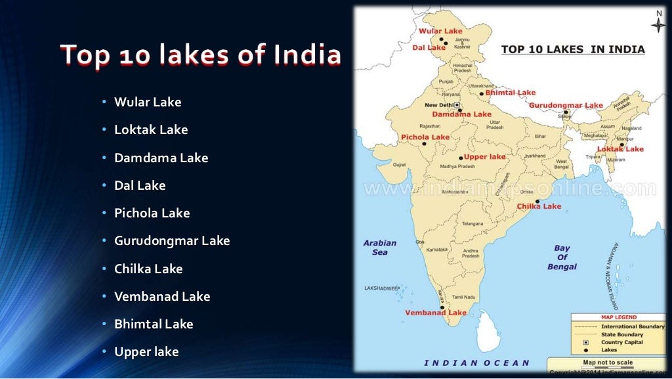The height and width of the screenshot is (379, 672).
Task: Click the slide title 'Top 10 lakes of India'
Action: [x=201, y=55]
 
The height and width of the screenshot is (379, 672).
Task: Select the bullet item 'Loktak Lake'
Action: [x=151, y=130]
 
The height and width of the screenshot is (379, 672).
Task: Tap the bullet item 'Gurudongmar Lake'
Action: [x=172, y=241]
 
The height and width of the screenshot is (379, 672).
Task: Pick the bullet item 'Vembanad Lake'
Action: [x=162, y=296]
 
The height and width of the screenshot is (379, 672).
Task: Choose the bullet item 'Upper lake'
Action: [x=146, y=352]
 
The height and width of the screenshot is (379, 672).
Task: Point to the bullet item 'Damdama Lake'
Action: [x=161, y=158]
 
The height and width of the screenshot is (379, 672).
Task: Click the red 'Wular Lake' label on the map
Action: [x=440, y=31]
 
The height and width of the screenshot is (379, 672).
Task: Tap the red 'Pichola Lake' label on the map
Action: [x=425, y=137]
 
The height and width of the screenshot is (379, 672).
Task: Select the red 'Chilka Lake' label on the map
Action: [x=539, y=206]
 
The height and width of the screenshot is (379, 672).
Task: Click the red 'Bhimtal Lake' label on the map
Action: [x=510, y=93]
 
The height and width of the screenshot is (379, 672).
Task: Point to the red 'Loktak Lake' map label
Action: [x=620, y=149]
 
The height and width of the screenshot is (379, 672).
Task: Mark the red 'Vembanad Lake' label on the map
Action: [x=436, y=313]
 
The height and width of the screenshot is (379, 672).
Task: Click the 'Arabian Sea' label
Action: [x=380, y=248]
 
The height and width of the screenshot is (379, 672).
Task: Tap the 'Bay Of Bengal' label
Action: [x=562, y=257]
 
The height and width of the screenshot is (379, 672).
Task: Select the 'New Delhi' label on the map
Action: [x=438, y=105]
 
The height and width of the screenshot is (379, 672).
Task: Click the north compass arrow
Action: [x=658, y=23]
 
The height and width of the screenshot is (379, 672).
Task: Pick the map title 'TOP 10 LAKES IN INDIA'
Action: [x=573, y=49]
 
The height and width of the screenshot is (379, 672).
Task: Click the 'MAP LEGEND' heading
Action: [x=618, y=317]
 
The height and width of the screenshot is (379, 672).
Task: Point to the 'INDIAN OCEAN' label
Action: [x=476, y=363]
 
